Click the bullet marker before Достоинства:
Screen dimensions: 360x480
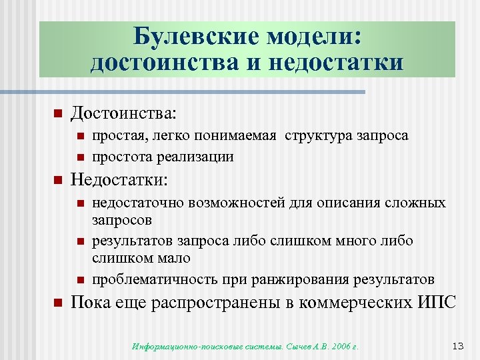[57, 113]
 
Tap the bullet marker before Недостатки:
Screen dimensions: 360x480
[57, 180]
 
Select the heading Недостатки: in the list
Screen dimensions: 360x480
[120, 180]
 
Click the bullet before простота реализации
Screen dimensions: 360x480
[79, 157]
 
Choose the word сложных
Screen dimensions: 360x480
[417, 203]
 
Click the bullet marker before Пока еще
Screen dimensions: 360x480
[57, 303]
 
